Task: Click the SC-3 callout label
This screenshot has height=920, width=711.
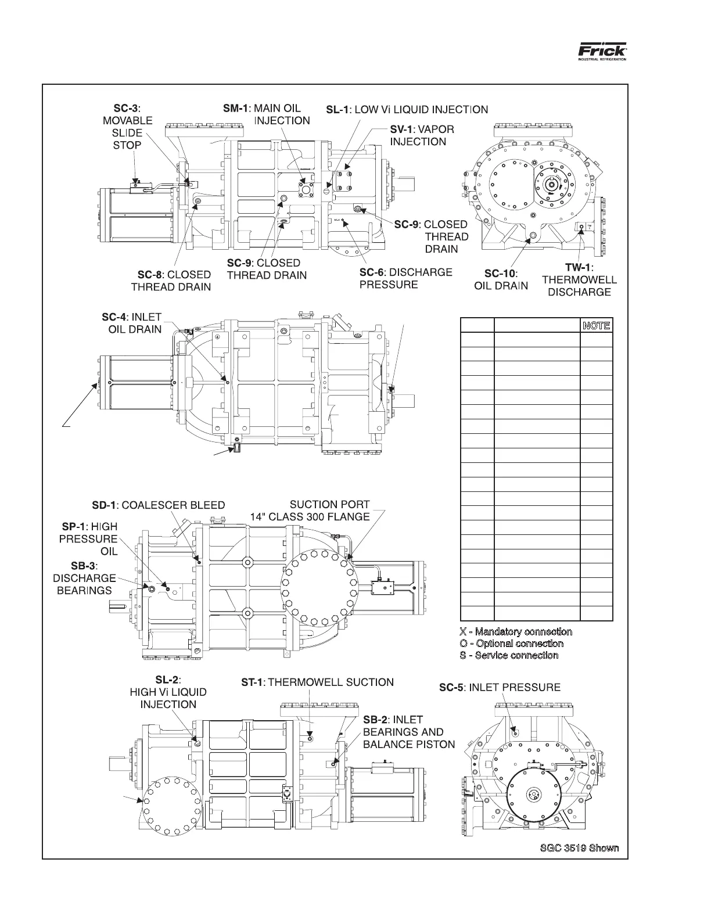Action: pyautogui.click(x=127, y=127)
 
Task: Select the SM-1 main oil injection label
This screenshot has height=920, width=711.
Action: pyautogui.click(x=267, y=114)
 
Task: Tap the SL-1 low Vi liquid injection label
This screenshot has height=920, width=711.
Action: pyautogui.click(x=407, y=109)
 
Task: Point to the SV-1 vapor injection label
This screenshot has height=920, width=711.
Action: pyautogui.click(x=421, y=135)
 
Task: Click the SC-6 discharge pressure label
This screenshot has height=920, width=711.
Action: pyautogui.click(x=405, y=278)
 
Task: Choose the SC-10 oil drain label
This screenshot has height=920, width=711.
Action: pyautogui.click(x=501, y=279)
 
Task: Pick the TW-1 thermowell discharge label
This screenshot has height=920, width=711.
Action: pyautogui.click(x=579, y=279)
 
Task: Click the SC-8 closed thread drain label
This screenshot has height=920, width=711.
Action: pyautogui.click(x=171, y=281)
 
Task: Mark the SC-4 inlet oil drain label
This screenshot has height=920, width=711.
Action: pyautogui.click(x=131, y=323)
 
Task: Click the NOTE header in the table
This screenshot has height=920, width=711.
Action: pyautogui.click(x=597, y=325)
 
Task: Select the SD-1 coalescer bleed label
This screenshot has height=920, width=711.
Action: pyautogui.click(x=158, y=505)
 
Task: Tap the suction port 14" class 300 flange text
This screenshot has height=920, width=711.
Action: pyautogui.click(x=310, y=511)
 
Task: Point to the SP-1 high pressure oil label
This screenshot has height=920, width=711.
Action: pyautogui.click(x=89, y=538)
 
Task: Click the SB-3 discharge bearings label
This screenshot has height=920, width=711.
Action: pyautogui.click(x=84, y=578)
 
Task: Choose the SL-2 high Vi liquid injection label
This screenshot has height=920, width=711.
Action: pyautogui.click(x=168, y=692)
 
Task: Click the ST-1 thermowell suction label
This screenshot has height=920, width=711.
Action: pyautogui.click(x=317, y=682)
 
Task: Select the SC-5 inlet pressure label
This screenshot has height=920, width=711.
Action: pyautogui.click(x=500, y=688)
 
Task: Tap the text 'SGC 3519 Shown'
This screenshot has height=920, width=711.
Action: pyautogui.click(x=579, y=848)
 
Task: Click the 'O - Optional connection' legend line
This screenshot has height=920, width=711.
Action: pyautogui.click(x=511, y=644)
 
